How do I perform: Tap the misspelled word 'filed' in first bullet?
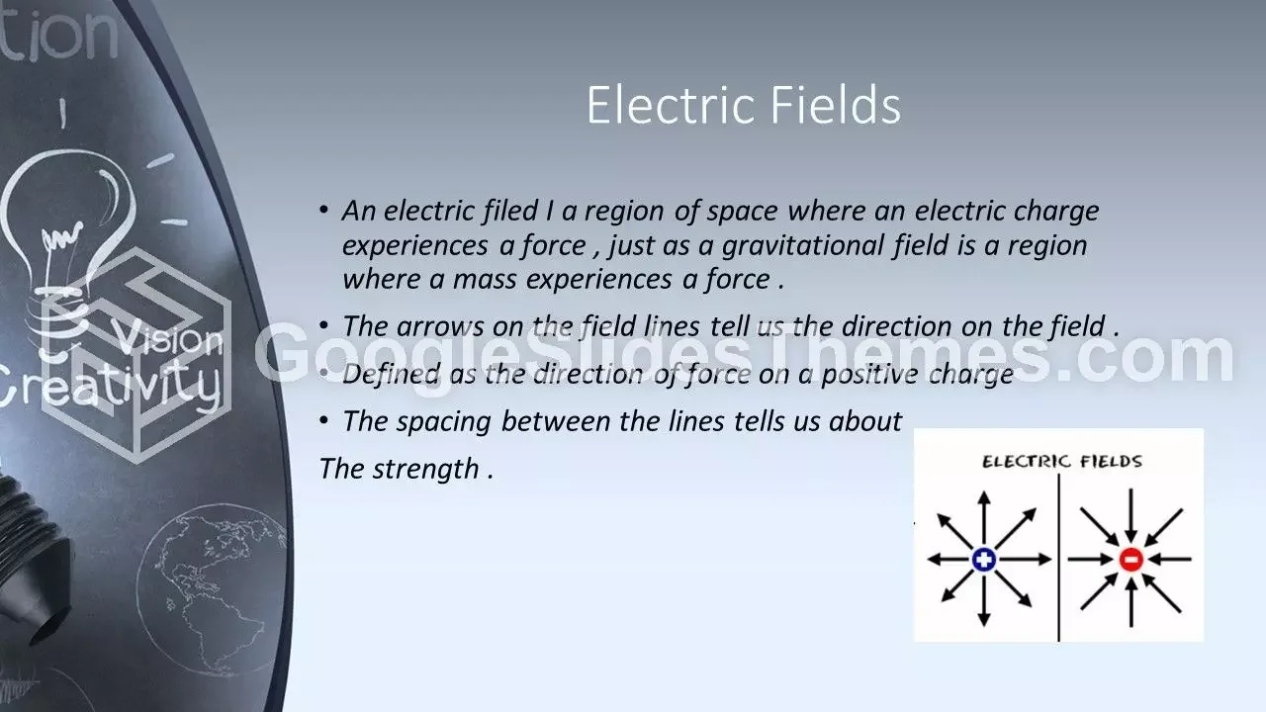tap(509, 212)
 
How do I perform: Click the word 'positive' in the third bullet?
tap(869, 375)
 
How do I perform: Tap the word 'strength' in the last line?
tap(425, 470)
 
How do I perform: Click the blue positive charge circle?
tap(984, 560)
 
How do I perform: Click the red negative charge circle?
tap(1130, 560)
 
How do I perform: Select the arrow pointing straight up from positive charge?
tap(984, 519)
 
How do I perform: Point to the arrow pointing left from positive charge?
tap(949, 560)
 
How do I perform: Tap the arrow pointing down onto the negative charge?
tap(1130, 516)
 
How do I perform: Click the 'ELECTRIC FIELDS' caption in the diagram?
tap(1062, 462)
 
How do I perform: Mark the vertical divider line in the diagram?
tap(1058, 558)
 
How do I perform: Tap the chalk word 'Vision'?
tap(167, 337)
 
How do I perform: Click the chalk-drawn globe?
tap(212, 587)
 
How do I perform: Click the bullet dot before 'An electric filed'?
tap(323, 211)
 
